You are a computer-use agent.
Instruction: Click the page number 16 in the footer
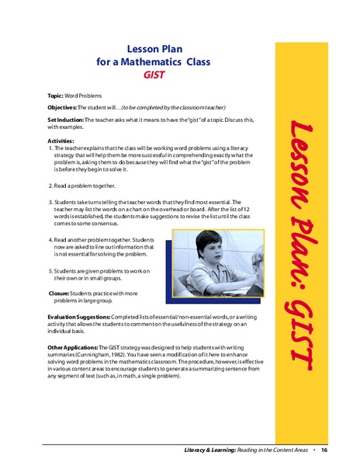click(324, 450)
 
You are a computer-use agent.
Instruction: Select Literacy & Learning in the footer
click(212, 450)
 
